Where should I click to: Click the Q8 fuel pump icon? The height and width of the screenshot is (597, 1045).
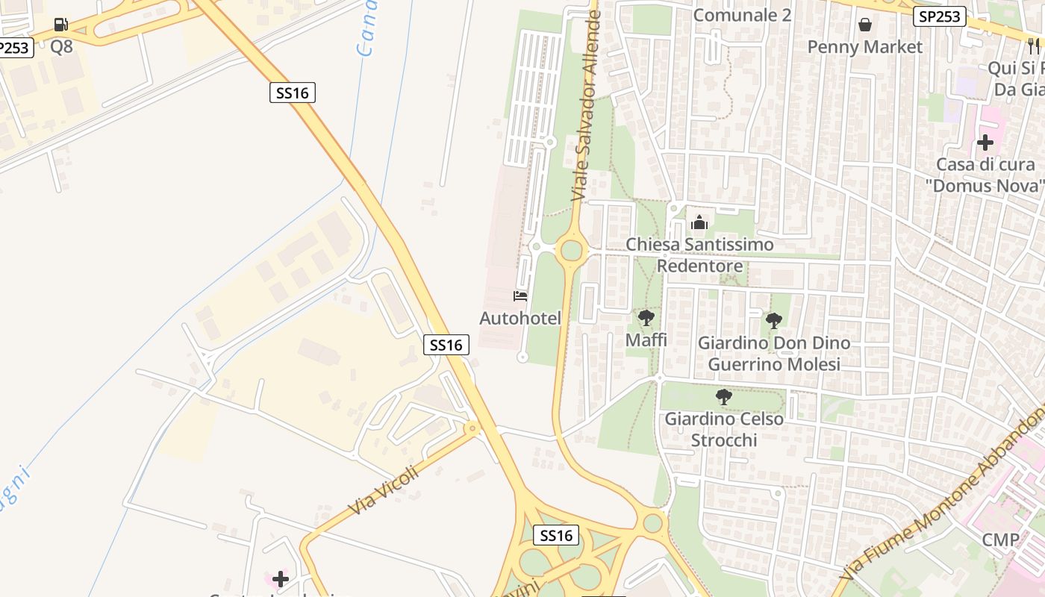pyautogui.click(x=61, y=25)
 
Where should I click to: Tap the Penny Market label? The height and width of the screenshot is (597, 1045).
pyautogui.click(x=864, y=47)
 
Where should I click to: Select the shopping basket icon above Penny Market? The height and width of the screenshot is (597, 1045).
pyautogui.click(x=864, y=25)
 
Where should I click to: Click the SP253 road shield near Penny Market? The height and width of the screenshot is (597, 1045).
pyautogui.click(x=940, y=16)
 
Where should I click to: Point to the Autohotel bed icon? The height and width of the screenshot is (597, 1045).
pyautogui.click(x=520, y=296)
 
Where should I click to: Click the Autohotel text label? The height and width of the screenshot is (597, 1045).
pyautogui.click(x=520, y=319)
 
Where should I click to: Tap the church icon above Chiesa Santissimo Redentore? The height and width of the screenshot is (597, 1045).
pyautogui.click(x=699, y=222)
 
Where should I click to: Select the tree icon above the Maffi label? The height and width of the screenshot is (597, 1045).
pyautogui.click(x=646, y=319)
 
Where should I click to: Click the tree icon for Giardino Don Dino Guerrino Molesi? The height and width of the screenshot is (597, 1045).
pyautogui.click(x=774, y=321)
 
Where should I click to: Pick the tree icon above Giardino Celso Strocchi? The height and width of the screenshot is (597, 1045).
pyautogui.click(x=723, y=397)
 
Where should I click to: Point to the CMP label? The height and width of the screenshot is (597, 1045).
pyautogui.click(x=1000, y=540)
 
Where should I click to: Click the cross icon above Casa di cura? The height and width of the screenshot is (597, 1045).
pyautogui.click(x=985, y=143)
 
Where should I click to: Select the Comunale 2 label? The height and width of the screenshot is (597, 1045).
pyautogui.click(x=742, y=15)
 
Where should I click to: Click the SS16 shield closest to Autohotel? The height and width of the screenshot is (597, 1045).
pyautogui.click(x=446, y=345)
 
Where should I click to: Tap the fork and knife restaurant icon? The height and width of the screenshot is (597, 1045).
pyautogui.click(x=1034, y=46)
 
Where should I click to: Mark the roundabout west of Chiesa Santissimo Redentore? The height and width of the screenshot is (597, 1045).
pyautogui.click(x=571, y=250)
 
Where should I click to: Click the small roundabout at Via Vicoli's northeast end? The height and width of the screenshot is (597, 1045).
pyautogui.click(x=472, y=428)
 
